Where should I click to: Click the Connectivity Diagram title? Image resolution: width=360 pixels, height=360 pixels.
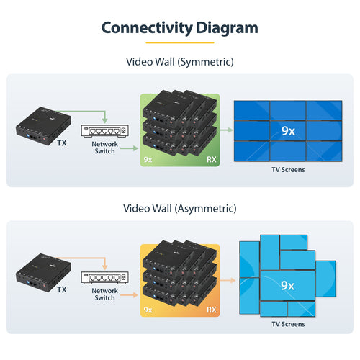point(179,27)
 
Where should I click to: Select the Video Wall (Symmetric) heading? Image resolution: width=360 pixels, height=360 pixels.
point(179,62)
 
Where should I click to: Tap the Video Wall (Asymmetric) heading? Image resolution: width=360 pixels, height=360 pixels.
point(179,209)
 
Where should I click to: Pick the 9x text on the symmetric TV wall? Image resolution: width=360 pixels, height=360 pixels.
point(288,131)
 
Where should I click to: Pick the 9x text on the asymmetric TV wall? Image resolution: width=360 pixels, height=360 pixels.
point(287,285)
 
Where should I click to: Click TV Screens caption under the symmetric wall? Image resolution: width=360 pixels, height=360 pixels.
point(288,170)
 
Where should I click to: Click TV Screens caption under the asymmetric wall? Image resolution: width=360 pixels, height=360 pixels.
point(288,324)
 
